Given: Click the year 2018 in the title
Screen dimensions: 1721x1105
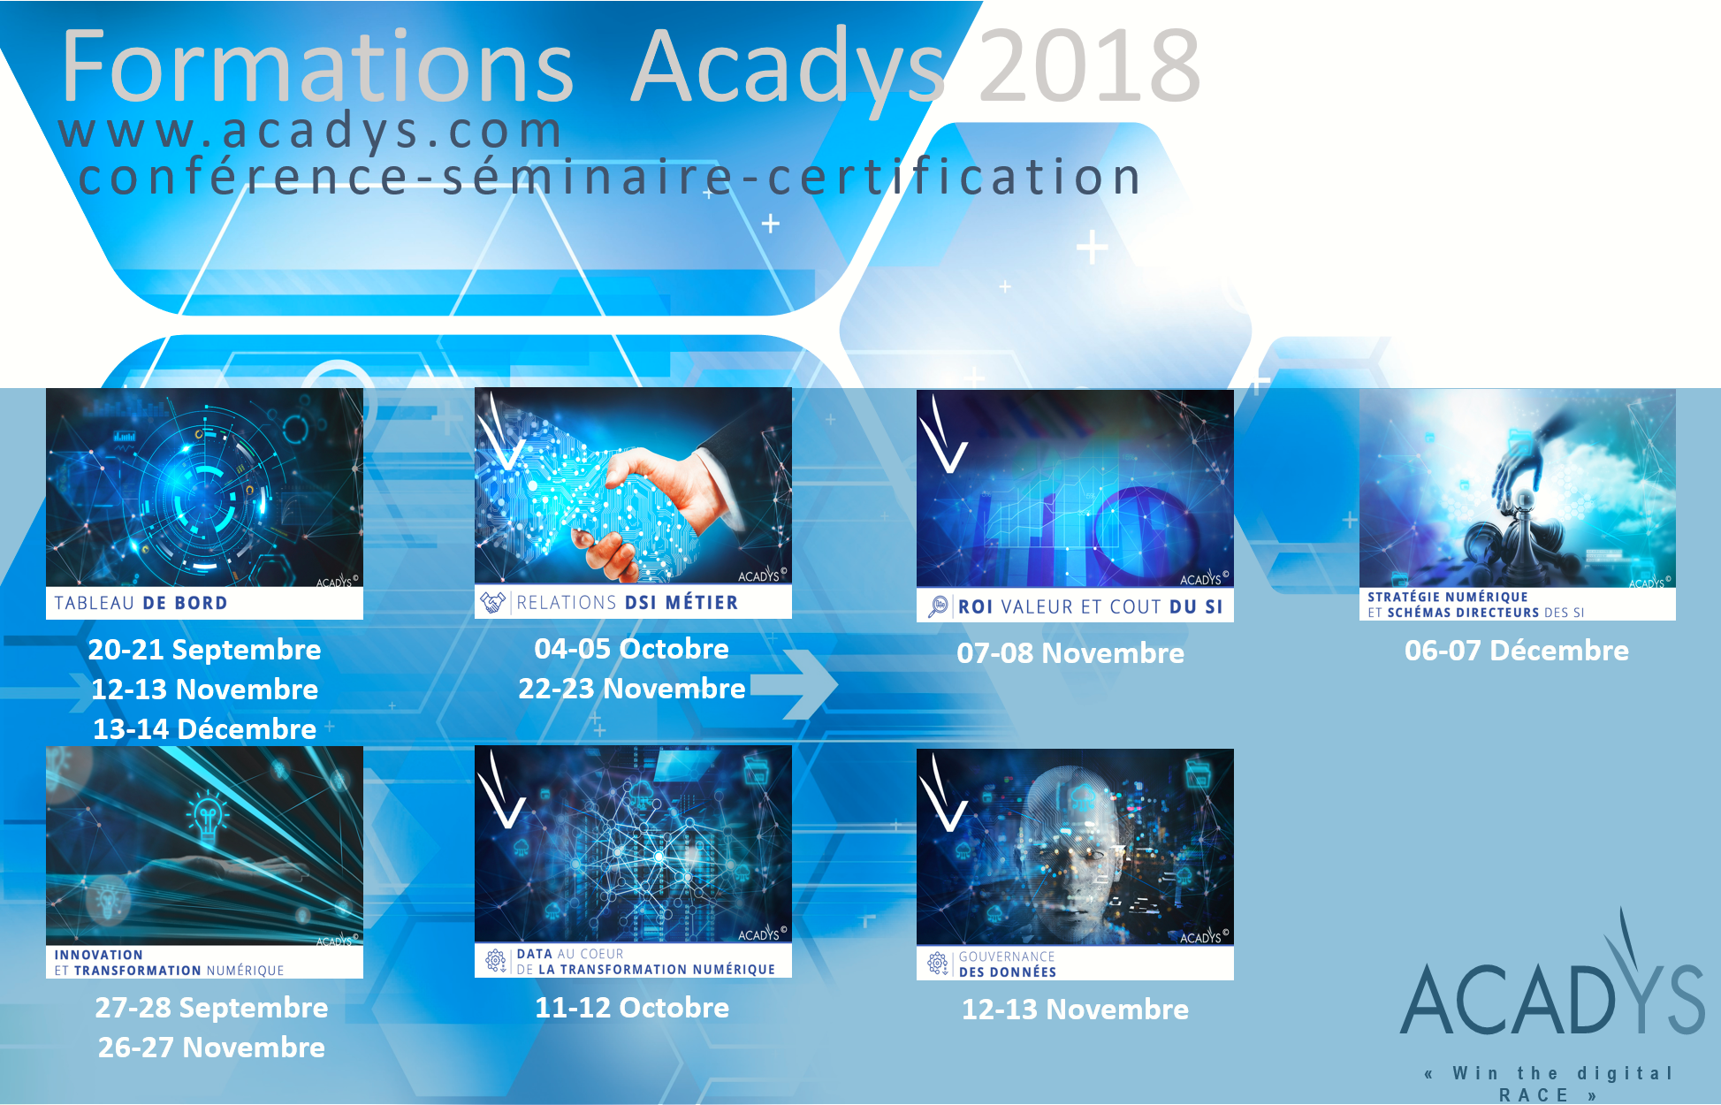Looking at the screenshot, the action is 1089,65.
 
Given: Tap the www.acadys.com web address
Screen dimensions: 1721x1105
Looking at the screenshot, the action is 310,131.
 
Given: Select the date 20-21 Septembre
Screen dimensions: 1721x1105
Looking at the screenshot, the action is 204,650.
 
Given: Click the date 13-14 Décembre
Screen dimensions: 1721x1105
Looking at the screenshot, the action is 204,729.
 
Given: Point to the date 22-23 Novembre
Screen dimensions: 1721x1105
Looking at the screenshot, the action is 631,689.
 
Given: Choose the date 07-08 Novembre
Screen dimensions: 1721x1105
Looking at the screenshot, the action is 1070,653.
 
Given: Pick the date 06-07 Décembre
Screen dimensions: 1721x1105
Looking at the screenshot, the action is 1517,651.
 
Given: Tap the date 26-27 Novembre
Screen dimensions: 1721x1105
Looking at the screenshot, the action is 211,1048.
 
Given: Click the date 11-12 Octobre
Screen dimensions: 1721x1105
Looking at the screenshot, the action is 632,1008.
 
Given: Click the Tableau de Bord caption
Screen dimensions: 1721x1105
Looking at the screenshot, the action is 141,603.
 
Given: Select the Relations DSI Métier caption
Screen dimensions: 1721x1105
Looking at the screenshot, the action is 627,603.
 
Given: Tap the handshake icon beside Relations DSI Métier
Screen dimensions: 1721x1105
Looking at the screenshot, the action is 492,603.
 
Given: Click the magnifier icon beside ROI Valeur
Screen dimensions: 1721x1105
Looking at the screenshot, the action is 937,606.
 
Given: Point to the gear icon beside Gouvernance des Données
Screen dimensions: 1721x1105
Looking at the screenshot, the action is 937,963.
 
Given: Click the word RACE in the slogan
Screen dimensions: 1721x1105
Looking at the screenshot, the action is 1534,1095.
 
